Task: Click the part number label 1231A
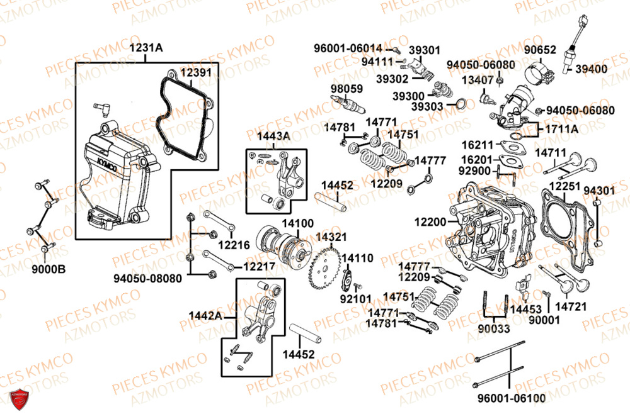point(146,48)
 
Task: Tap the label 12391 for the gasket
point(197,73)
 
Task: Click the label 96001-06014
point(348,48)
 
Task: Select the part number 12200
point(430,221)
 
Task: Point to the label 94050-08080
point(148,277)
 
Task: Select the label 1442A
point(206,315)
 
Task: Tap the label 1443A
point(273,135)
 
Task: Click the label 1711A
point(561,129)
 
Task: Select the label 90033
point(495,328)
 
